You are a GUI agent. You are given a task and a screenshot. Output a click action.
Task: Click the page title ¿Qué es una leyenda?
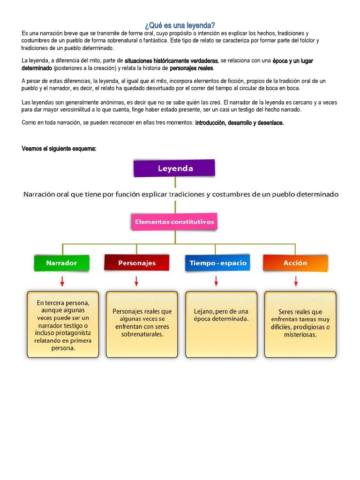point(180,25)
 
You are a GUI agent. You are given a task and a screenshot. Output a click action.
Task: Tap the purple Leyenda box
point(174,168)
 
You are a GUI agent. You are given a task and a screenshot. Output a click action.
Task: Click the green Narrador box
point(61,263)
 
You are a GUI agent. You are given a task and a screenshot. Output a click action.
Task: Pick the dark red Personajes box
point(136,263)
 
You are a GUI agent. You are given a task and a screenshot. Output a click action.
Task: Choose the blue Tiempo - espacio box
point(217,263)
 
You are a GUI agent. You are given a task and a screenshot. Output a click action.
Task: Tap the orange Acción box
point(295,263)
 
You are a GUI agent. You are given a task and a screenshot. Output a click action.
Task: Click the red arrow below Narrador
point(62,281)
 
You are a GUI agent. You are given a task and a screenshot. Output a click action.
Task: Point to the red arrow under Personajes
point(136,281)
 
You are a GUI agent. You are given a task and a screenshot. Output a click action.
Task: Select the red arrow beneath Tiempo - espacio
point(216,281)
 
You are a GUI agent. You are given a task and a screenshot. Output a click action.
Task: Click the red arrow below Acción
point(296,281)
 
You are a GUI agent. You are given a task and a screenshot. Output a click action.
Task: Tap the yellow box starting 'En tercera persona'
point(62,325)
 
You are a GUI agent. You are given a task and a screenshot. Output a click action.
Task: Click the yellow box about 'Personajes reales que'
point(142,324)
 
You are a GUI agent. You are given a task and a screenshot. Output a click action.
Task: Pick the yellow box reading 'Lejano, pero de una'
point(221,324)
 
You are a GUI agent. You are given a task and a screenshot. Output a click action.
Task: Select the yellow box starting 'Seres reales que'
point(300,324)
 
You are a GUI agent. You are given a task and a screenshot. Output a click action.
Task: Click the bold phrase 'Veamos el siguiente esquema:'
point(59,149)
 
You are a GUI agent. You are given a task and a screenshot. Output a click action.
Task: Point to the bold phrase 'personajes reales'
point(191,68)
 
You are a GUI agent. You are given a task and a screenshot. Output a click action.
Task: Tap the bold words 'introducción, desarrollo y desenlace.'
point(240,123)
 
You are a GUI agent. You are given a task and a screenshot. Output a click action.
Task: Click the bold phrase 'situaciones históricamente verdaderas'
point(172,61)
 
